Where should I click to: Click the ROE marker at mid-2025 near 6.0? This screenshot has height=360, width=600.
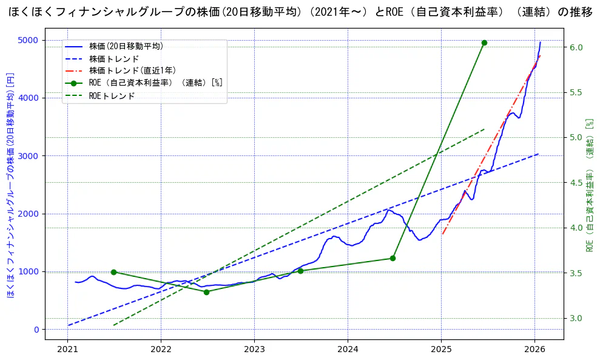coord(484,42)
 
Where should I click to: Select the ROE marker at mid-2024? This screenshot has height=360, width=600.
coord(393,258)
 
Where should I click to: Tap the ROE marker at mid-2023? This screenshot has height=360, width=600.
coord(300,271)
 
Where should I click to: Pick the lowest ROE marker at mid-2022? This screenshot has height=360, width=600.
coord(206,292)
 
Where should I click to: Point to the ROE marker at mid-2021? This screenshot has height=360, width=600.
coord(113,272)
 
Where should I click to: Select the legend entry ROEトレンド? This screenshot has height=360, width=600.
coord(112,96)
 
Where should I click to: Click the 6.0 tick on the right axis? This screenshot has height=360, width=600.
coord(576,47)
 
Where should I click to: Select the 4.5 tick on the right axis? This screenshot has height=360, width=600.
coord(576,183)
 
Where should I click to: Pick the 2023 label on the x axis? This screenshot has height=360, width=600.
coord(254,350)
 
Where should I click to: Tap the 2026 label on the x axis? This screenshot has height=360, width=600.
coord(534,350)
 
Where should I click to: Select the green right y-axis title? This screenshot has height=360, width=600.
coord(589,185)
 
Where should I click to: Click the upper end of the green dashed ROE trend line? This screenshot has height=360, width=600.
coord(485,129)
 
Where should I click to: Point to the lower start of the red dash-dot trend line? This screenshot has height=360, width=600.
coord(442,234)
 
